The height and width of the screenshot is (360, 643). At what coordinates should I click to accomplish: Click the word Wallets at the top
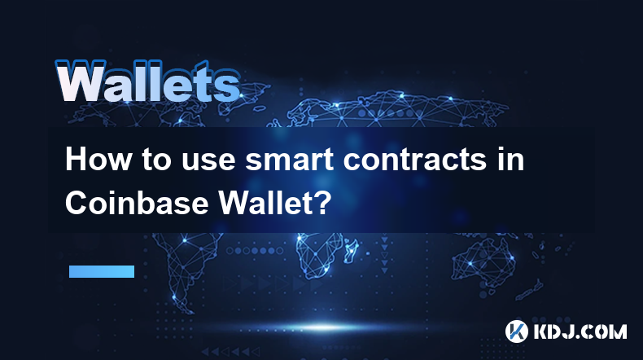(148, 81)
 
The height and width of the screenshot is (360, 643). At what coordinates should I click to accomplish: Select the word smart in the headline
(289, 160)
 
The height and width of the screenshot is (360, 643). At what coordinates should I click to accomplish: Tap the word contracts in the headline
(414, 160)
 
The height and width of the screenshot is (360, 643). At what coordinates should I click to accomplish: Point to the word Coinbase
(137, 202)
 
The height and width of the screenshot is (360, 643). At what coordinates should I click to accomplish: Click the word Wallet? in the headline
(273, 202)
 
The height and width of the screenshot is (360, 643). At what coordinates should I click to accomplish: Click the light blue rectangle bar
(102, 271)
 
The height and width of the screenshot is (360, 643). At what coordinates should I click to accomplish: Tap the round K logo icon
(516, 331)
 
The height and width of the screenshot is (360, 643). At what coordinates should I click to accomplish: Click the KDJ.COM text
(580, 331)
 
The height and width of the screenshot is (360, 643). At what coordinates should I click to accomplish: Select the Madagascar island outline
(352, 250)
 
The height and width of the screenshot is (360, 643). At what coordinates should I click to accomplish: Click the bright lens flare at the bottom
(324, 327)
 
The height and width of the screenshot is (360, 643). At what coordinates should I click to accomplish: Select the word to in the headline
(156, 160)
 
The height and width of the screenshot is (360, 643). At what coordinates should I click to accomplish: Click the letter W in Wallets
(80, 81)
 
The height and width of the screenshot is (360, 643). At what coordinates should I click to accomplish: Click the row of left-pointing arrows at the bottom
(230, 351)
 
